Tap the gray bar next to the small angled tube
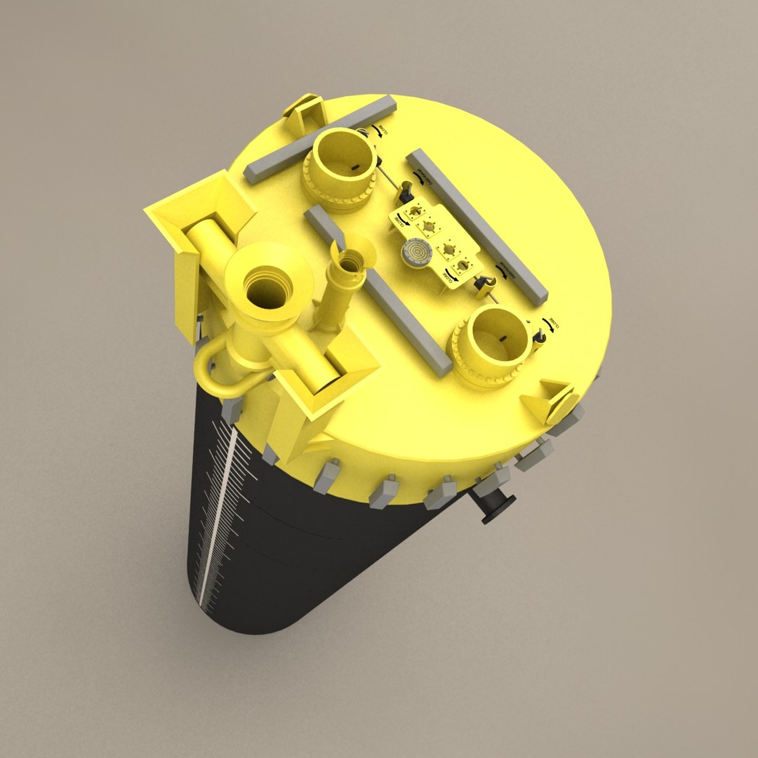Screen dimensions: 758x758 pos(379,293)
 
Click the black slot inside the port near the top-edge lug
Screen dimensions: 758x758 pos(354,166)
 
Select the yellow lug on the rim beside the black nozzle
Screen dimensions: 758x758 pos(551,402)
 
